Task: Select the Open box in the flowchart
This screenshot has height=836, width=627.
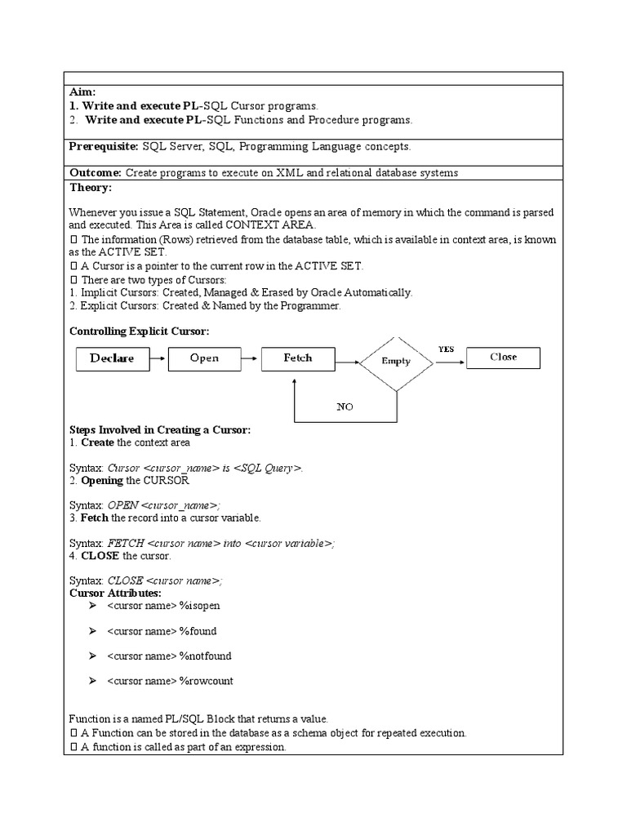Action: [x=205, y=358]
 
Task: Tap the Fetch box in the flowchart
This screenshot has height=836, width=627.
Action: [x=298, y=358]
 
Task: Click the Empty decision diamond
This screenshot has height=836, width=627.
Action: [x=396, y=361]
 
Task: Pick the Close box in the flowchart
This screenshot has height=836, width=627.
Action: [x=503, y=358]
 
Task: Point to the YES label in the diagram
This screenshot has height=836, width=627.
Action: [x=446, y=349]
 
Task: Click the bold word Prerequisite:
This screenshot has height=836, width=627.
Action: [x=104, y=147]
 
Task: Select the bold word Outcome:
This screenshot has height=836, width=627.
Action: [x=96, y=173]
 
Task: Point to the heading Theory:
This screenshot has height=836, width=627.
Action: [x=90, y=187]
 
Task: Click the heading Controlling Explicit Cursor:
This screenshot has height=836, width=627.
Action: [x=140, y=331]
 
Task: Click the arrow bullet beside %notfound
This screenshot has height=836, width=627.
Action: [x=93, y=656]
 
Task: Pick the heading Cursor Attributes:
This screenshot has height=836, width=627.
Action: [x=115, y=593]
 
